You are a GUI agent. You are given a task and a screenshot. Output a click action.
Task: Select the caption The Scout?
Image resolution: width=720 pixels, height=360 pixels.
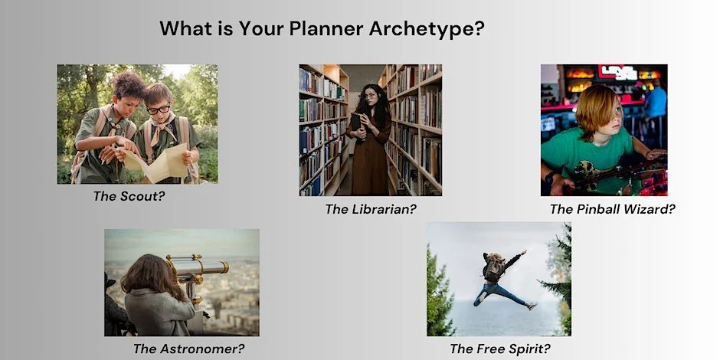click(x=129, y=196)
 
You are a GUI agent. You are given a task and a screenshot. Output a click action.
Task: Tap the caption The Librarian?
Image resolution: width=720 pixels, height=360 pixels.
click(x=371, y=208)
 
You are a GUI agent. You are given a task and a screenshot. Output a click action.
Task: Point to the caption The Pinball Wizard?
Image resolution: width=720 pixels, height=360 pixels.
click(x=612, y=208)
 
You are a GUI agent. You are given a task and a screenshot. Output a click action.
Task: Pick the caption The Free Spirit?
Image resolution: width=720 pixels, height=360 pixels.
click(x=500, y=349)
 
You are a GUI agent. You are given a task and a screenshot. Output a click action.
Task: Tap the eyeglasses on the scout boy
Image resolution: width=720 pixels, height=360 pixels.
click(x=159, y=110)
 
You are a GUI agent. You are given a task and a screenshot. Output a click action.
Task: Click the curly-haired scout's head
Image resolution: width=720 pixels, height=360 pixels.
click(x=128, y=87)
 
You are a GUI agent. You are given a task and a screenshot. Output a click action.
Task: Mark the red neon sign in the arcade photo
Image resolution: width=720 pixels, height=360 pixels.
click(x=617, y=72)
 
